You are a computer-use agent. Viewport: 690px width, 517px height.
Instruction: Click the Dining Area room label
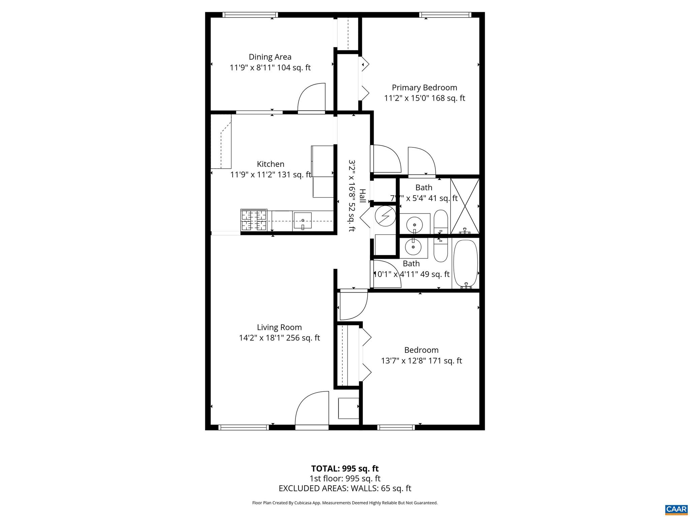pos(270,57)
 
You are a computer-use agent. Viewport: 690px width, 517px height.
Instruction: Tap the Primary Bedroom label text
pos(424,88)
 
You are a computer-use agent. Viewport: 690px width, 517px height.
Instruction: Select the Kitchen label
pos(270,164)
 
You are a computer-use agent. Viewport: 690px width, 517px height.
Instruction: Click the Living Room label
pos(279,327)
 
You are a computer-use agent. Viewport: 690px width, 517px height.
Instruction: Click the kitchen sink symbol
pos(302,221)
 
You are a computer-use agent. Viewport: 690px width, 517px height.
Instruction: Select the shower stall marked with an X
pos(465,206)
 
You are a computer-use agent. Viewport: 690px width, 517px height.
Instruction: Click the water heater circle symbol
pos(385,215)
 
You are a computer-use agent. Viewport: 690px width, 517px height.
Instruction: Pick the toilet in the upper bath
pos(440,221)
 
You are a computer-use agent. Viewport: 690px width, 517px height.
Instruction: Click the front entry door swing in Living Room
pos(312,409)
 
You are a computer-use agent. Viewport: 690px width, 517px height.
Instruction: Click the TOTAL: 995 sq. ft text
pos(345,469)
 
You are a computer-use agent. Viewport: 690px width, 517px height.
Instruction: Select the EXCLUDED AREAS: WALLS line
pos(345,488)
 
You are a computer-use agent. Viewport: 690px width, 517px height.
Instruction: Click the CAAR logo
pos(676,509)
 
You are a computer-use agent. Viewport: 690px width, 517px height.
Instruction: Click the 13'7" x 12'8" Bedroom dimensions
pos(421,361)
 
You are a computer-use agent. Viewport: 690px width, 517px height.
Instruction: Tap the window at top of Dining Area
pos(250,15)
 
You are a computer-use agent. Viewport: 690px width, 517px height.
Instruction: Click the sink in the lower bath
pos(413,247)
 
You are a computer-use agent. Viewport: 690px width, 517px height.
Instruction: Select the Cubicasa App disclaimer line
pos(345,503)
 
